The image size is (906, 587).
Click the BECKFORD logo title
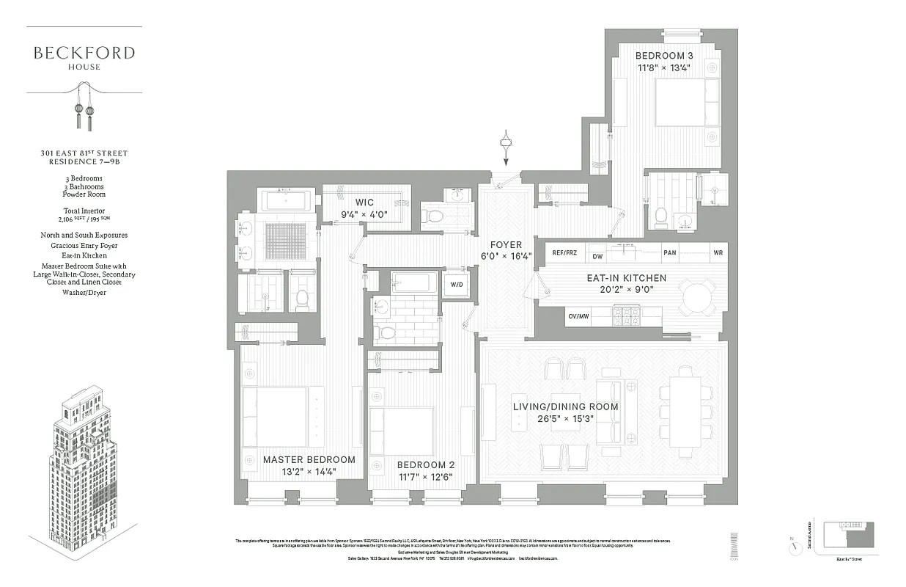click(84, 53)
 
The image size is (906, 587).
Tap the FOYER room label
click(506, 245)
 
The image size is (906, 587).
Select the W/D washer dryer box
click(456, 284)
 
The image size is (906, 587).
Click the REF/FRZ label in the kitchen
click(564, 253)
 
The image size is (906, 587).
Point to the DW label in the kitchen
click(597, 256)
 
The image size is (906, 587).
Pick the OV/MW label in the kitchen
click(578, 316)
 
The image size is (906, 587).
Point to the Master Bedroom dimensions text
click(308, 472)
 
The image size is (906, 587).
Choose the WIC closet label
click(364, 202)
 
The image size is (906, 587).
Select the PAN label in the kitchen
click(669, 253)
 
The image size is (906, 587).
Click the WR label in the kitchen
click(717, 253)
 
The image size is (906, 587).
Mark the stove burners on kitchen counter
click(625, 316)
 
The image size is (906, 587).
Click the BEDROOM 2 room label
click(426, 465)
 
